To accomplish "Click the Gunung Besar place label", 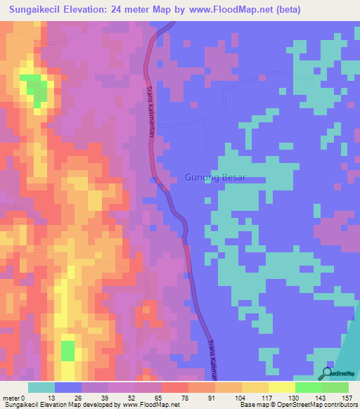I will [x=215, y=177].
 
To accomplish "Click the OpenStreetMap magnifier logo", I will [x=326, y=373].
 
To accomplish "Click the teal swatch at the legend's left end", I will [x=41, y=387].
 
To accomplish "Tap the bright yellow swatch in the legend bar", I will [x=281, y=387].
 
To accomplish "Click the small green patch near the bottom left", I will [x=67, y=350].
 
